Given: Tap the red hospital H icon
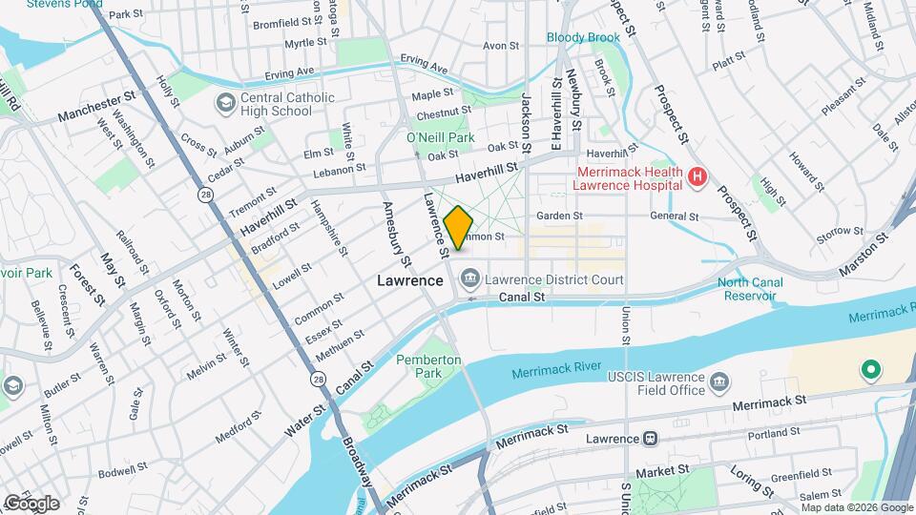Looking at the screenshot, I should click(x=697, y=176).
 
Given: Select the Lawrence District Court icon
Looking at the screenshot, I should click(x=470, y=279).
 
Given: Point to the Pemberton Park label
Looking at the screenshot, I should click(x=428, y=366).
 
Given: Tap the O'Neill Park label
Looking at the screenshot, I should click(x=440, y=138).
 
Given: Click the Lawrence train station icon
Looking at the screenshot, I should click(x=651, y=438).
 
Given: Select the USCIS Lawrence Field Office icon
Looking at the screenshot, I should click(x=719, y=384).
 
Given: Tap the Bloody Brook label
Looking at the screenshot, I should click(x=583, y=37).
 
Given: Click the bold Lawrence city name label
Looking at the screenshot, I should click(x=409, y=280).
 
